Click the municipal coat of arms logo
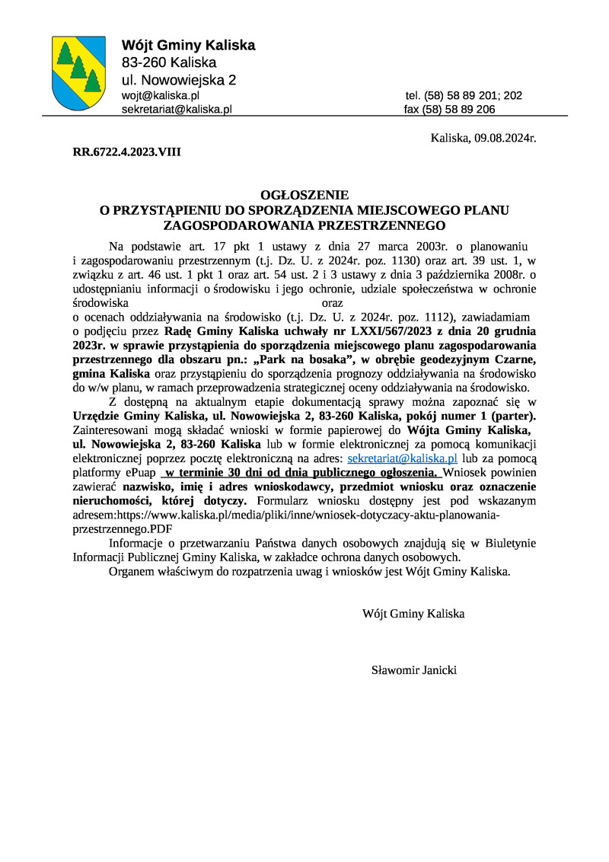pos(78,73)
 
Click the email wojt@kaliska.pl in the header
pos(161,96)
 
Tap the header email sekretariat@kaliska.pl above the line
pos(177,109)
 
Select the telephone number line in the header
pos(464,96)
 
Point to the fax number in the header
pos(450,109)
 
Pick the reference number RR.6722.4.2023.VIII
pos(126,152)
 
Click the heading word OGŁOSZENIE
pos(304,195)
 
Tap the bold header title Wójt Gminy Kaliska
pos(189,46)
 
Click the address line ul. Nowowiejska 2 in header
pos(179,79)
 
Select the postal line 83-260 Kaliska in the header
pos(169,62)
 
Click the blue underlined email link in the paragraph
pos(402,458)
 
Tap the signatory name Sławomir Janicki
pos(413,670)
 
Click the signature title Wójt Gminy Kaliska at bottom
pos(413,613)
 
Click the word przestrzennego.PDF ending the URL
pos(121,527)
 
